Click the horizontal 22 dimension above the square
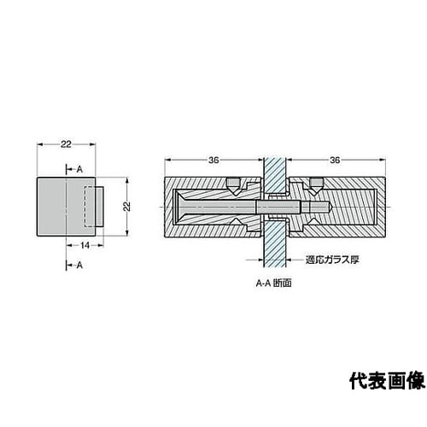point(66,144)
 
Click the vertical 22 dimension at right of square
point(127,206)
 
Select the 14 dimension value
point(85,245)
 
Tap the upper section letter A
point(79,169)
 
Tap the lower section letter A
point(79,265)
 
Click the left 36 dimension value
point(213,160)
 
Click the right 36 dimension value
point(335,160)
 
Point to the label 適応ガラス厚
point(332,260)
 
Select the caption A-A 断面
point(273,284)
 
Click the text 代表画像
point(387,381)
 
